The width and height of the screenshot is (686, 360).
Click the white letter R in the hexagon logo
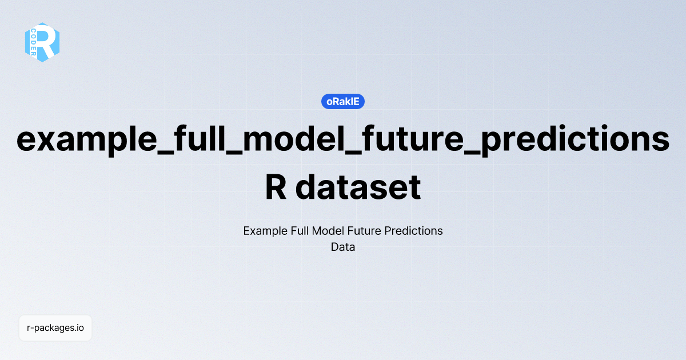(47, 42)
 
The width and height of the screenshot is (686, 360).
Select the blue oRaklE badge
(343, 101)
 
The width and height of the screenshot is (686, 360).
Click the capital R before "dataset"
(276, 187)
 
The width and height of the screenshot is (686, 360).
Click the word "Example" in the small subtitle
(264, 231)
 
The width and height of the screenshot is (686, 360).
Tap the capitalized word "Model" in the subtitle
(334, 231)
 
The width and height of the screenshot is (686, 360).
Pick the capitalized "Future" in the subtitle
(367, 231)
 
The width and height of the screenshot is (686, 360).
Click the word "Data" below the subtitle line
(343, 247)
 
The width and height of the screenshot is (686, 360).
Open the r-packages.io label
(55, 328)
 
